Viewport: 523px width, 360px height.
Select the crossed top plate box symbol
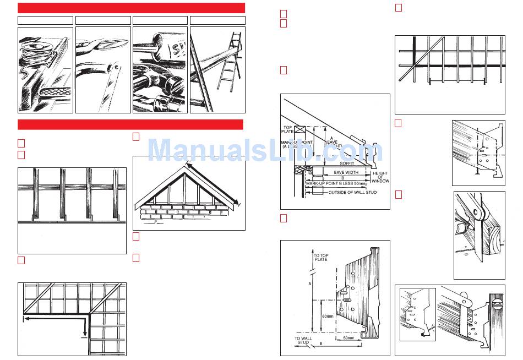[x=300, y=130]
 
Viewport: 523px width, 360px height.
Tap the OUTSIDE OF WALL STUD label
[x=352, y=193]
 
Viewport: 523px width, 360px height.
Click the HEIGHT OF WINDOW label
[x=380, y=177]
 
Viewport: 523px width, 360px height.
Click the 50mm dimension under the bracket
[x=348, y=337]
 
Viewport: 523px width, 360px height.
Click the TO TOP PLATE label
[x=320, y=258]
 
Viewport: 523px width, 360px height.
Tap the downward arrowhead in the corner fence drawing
[x=84, y=332]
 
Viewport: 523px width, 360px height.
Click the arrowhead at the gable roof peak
[x=189, y=165]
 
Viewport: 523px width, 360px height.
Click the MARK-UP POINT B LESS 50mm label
[x=335, y=183]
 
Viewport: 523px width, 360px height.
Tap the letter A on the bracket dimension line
[x=310, y=283]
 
